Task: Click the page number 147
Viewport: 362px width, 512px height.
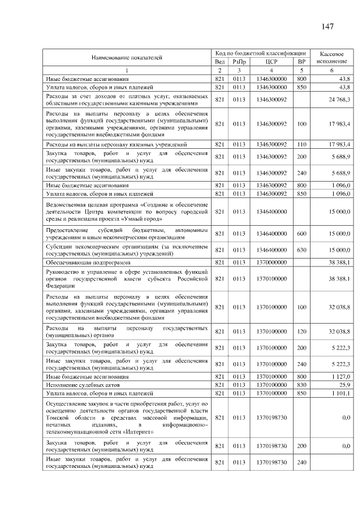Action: [x=326, y=27]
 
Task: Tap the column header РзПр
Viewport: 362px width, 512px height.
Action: [x=239, y=61]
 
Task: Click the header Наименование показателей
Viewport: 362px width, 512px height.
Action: [x=127, y=57]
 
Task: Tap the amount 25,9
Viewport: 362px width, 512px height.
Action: [x=343, y=384]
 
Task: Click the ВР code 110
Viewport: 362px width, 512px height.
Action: [x=301, y=145]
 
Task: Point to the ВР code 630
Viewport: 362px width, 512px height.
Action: [x=301, y=249]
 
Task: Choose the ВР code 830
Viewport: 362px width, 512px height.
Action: [x=301, y=384]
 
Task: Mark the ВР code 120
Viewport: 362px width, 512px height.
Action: [x=301, y=331]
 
